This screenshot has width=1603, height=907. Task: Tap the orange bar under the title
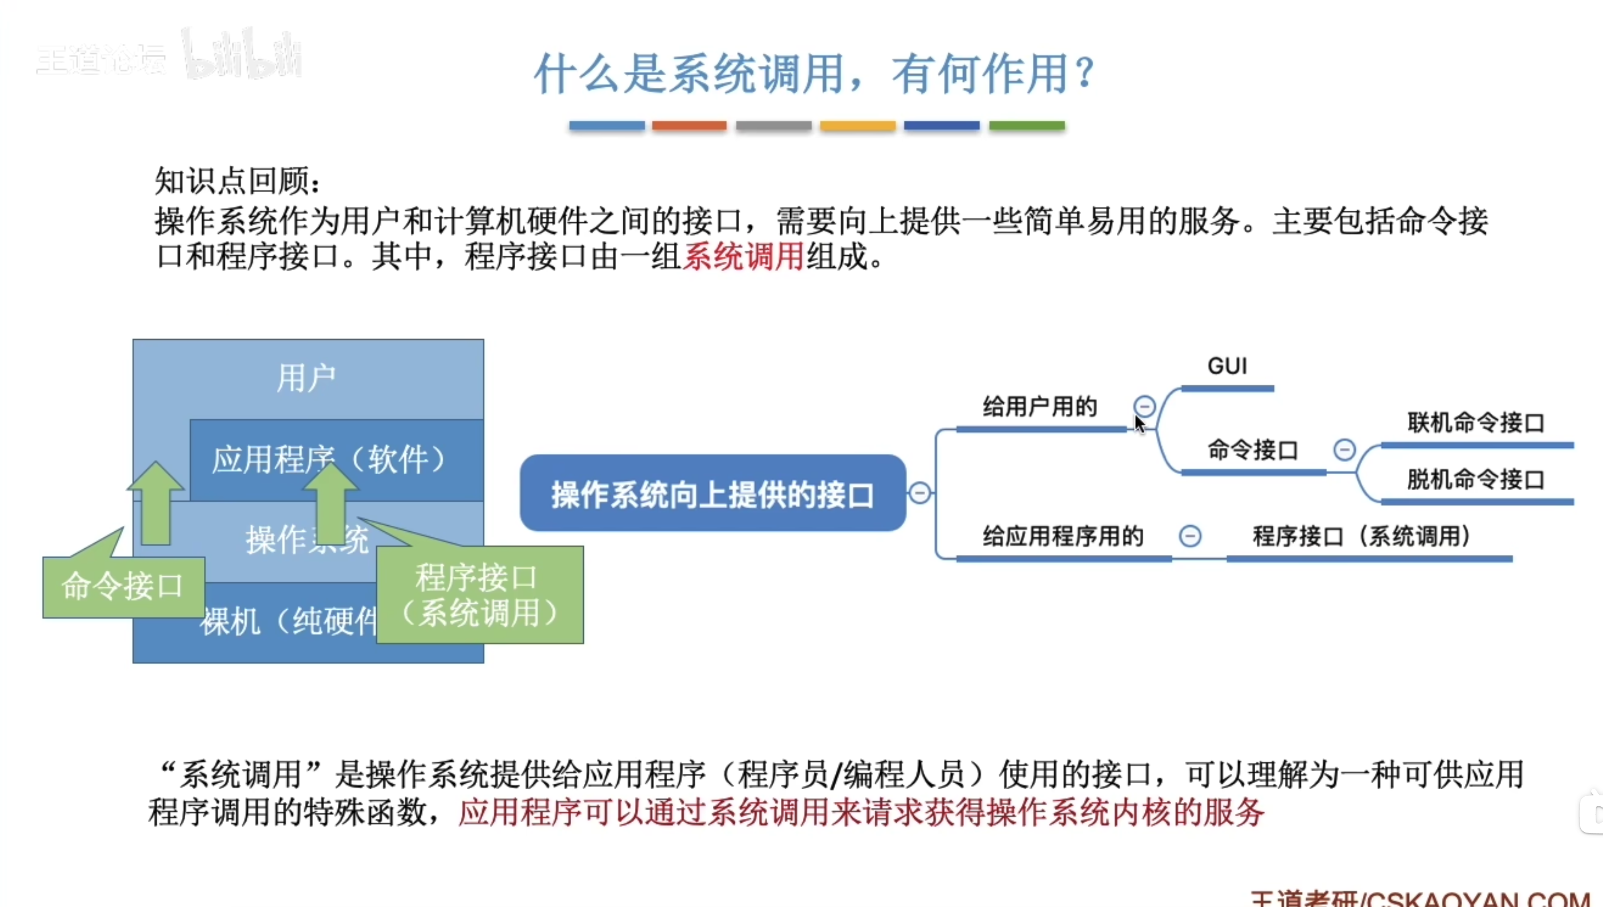pos(689,126)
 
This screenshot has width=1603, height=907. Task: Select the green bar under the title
pos(1027,126)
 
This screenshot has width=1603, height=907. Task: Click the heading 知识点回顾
pos(237,181)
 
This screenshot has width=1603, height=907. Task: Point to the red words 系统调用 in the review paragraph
pos(743,256)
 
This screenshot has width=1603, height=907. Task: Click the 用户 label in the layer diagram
pos(306,378)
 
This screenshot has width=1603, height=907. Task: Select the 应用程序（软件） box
pos(336,460)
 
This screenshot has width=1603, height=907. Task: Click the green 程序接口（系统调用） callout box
pos(480,595)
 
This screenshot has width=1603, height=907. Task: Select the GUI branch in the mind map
pos(1227,366)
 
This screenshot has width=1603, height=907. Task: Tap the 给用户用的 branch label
pos(1040,407)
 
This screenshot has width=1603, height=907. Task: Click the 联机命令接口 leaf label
pos(1475,423)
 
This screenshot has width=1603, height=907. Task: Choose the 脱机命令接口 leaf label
pos(1475,479)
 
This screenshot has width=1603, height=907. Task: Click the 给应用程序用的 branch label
pos(1063,536)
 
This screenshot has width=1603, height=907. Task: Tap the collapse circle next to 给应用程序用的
pos(1190,536)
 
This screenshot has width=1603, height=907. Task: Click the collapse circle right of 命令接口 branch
pos(1344,450)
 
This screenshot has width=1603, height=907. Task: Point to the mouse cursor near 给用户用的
pos(1139,424)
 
